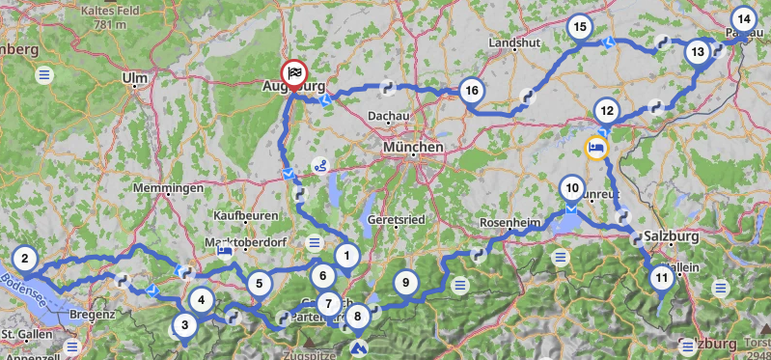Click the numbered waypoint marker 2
[25, 258]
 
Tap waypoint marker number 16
[471, 92]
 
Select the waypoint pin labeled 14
[742, 18]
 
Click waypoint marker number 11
[661, 279]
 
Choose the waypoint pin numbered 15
[579, 27]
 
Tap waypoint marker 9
[406, 283]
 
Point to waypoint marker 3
[184, 325]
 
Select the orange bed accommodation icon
[597, 148]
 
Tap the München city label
[412, 148]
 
